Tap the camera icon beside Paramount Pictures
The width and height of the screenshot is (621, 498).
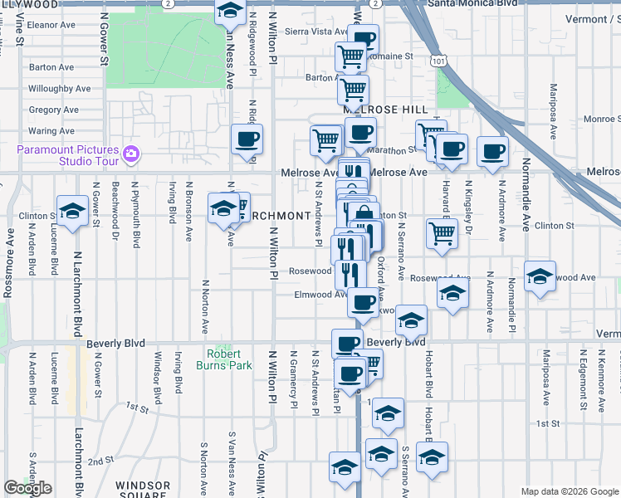130,154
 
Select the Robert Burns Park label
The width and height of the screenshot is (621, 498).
224,359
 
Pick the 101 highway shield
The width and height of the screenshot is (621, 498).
438,61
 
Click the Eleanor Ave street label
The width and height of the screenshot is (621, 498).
51,25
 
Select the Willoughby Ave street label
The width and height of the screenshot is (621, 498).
59,89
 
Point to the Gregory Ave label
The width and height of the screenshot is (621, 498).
53,110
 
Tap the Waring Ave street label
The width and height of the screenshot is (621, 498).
51,131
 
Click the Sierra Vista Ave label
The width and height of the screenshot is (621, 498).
316,32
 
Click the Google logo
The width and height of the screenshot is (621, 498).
28,488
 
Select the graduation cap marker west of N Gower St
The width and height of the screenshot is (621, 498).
72,211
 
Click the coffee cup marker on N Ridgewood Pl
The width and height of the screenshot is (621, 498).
247,139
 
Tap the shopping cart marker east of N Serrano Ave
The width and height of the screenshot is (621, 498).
442,232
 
